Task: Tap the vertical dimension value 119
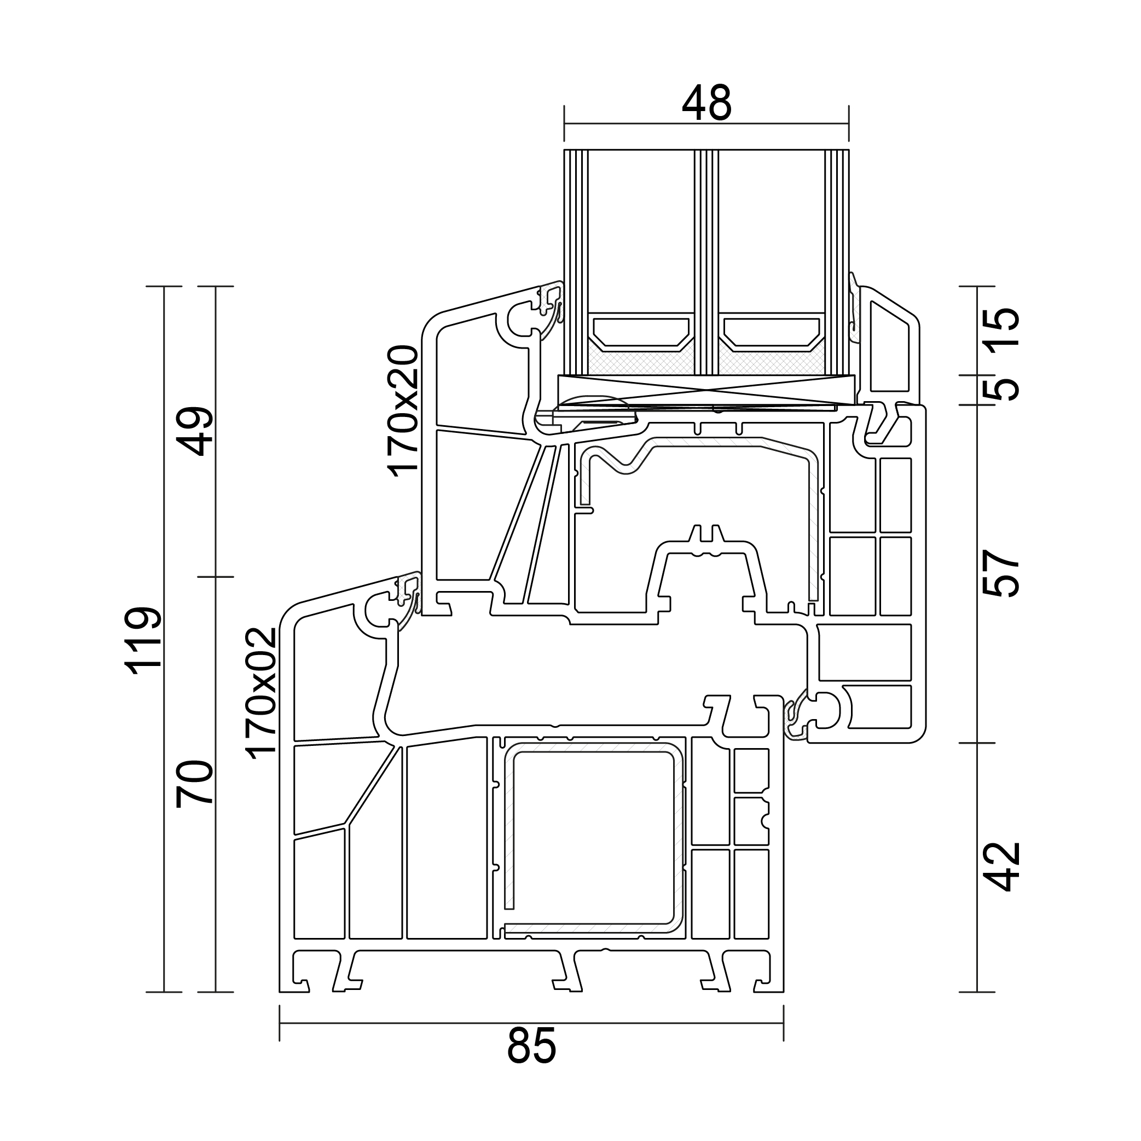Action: pos(143,640)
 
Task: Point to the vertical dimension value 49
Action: pos(195,431)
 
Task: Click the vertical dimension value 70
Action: pos(195,784)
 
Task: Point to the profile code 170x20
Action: pos(404,410)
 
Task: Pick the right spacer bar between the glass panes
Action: pos(771,332)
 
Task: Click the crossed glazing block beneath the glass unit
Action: pos(706,390)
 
